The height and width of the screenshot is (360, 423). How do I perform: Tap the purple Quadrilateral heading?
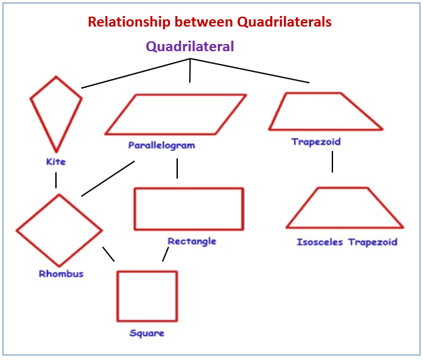point(190,47)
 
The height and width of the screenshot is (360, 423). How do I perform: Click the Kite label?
point(56,162)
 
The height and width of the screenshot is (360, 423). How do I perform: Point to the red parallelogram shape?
point(176,114)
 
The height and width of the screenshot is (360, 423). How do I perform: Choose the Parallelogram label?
point(162,145)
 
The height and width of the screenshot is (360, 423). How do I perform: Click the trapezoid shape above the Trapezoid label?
point(324,111)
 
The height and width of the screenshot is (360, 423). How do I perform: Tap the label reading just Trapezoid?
point(316,142)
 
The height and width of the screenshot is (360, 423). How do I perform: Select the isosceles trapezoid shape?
point(344,208)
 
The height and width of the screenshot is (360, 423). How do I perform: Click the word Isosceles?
point(320,242)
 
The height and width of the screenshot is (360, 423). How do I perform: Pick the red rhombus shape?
point(59,230)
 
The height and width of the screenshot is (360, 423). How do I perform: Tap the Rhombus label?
point(61,273)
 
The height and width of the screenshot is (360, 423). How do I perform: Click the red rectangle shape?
point(189,209)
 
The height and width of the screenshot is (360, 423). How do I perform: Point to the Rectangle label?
point(192,241)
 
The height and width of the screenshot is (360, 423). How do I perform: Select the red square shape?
point(147,296)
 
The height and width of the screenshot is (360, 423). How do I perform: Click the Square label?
point(147,333)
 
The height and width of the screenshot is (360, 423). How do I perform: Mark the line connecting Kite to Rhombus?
point(56,180)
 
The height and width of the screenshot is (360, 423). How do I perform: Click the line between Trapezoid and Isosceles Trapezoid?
point(332,162)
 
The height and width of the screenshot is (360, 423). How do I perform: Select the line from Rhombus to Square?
point(108,254)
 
